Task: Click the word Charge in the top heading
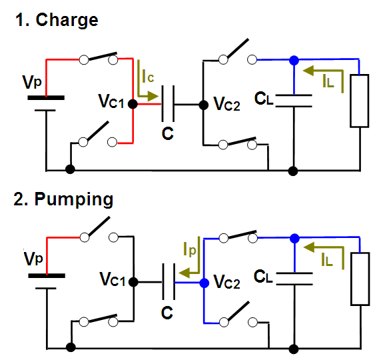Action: (x=67, y=21)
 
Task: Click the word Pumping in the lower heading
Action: (x=74, y=199)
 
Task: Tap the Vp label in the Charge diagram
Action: (x=32, y=82)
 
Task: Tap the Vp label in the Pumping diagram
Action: (x=33, y=259)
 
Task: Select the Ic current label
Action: (x=148, y=76)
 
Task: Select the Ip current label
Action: (x=190, y=249)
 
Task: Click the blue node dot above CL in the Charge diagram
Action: (x=294, y=60)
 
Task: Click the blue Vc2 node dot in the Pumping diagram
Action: (x=204, y=283)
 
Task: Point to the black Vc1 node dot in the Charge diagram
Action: (x=133, y=104)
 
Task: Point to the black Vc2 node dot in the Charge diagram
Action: (x=204, y=105)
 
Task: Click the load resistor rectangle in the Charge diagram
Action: (x=360, y=101)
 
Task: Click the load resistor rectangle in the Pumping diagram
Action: (x=360, y=279)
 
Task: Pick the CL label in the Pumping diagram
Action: (x=263, y=277)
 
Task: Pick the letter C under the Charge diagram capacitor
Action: (x=168, y=133)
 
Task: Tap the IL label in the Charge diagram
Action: (x=328, y=81)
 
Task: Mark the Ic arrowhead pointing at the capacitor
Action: (x=153, y=96)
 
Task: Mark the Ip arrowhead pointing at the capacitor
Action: (x=185, y=273)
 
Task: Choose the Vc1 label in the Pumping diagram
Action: (x=113, y=279)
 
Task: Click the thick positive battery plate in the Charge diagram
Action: (x=46, y=97)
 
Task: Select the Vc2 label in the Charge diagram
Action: (x=226, y=104)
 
